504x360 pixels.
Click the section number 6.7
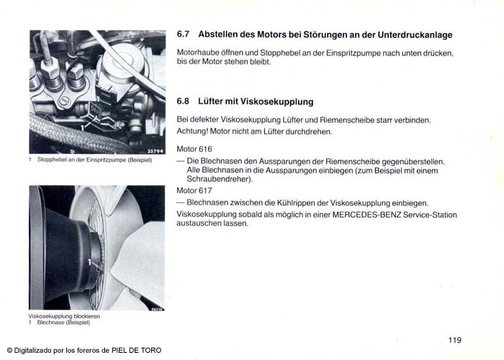pos(183,35)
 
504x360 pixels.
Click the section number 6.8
pos(183,102)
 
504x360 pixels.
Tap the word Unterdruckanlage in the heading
pos(415,35)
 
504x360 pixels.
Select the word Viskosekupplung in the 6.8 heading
pos(276,102)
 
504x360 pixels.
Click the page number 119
pos(455,340)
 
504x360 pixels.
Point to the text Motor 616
pos(194,149)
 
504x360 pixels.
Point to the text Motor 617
pos(194,191)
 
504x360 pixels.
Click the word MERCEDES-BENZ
pos(366,215)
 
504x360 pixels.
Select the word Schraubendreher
pos(219,179)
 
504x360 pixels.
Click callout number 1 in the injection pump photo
pos(82,128)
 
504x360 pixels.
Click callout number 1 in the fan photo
pos(89,263)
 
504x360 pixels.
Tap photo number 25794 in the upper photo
pos(156,151)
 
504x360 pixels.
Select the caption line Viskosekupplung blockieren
pos(64,316)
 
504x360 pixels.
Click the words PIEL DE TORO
pos(136,351)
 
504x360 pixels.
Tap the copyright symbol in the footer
pos(9,351)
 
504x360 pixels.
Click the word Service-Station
pos(430,215)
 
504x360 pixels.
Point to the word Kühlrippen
pos(296,203)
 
